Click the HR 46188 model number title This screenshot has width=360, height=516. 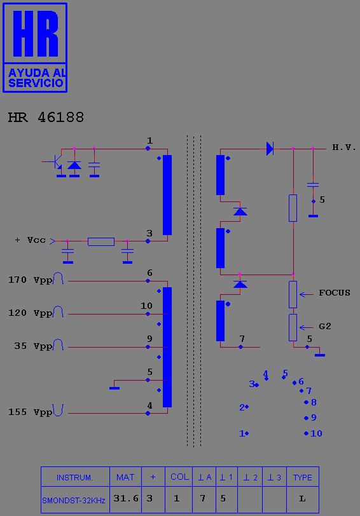coord(46,118)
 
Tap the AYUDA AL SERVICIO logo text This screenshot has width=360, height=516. coord(36,78)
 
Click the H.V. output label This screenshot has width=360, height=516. coord(344,147)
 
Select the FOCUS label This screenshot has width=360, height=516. coord(335,293)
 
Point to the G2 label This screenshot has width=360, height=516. coord(325,327)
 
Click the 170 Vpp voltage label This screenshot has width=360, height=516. coord(31,280)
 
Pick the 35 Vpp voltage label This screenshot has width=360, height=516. coord(33,346)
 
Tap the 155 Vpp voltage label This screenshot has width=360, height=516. coord(31,412)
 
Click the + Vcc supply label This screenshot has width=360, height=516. coord(31,240)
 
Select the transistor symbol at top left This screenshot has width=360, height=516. coord(56,161)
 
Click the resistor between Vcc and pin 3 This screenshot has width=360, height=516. coord(101,241)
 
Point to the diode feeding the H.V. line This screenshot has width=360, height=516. coord(270,149)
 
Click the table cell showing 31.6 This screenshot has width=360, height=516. coord(126,499)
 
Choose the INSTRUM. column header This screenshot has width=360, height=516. coord(75,477)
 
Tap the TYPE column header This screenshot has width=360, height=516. coord(303,477)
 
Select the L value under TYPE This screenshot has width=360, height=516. coord(302,499)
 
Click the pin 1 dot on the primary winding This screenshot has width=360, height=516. coord(148,149)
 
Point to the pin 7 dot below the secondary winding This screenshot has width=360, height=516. coord(241,347)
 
